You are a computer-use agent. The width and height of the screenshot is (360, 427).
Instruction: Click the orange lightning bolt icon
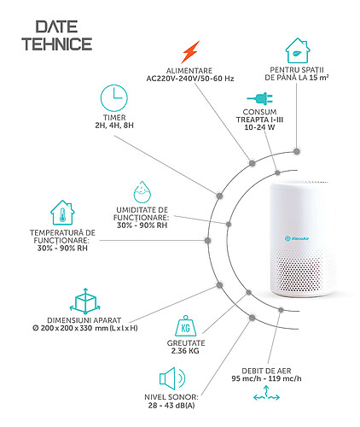coord(190,52)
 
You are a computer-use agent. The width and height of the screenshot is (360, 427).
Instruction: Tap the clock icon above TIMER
coord(114,98)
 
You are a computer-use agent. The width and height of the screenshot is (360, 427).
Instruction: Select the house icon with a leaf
coord(298,50)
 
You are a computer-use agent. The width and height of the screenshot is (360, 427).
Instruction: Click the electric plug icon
coord(260,99)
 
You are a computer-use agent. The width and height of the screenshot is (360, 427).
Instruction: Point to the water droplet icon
coord(142,191)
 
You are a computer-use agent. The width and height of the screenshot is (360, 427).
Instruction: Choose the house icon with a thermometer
coord(62,213)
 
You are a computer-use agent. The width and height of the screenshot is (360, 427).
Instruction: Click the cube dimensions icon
coord(85,301)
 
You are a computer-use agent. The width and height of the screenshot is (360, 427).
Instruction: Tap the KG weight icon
coord(185,325)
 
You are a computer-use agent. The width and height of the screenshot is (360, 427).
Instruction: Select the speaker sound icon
coord(172,378)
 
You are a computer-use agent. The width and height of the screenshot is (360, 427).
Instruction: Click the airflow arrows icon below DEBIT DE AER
coord(266,394)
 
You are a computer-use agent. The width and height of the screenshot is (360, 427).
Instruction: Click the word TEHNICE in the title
coord(57,44)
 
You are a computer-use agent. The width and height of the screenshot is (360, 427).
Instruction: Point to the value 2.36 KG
coord(185,351)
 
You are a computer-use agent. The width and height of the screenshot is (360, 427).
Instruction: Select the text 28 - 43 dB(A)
coord(171,406)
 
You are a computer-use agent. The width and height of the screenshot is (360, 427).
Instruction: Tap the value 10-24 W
coord(259,127)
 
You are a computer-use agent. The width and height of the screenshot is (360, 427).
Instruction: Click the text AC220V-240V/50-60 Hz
coord(190,79)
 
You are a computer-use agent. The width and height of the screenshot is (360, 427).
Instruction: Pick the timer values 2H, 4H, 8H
coord(114,126)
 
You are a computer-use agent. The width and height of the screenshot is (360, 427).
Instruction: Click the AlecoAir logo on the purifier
coord(297,238)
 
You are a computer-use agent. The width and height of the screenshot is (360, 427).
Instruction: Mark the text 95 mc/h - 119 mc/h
coord(266,378)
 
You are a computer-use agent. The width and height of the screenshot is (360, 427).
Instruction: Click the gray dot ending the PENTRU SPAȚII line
coord(297,151)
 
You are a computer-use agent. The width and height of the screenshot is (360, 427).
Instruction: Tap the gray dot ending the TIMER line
coord(219,196)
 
